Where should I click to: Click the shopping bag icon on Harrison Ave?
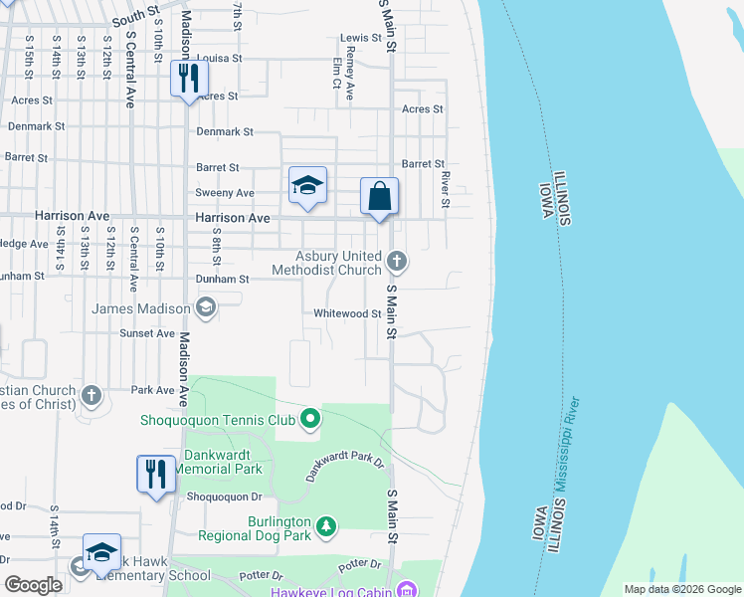379,195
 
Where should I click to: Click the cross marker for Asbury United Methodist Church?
396,262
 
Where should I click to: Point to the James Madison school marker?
205,307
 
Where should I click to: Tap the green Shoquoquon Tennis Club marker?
309,420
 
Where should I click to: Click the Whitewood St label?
347,313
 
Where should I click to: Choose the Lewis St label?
361,38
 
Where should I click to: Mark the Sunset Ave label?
147,334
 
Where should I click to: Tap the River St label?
446,189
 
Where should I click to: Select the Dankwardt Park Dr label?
344,467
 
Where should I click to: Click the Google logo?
34,584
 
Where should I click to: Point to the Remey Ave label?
349,78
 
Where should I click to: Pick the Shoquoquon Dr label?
224,495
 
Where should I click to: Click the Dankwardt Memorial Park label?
219,462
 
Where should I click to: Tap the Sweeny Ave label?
225,193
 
